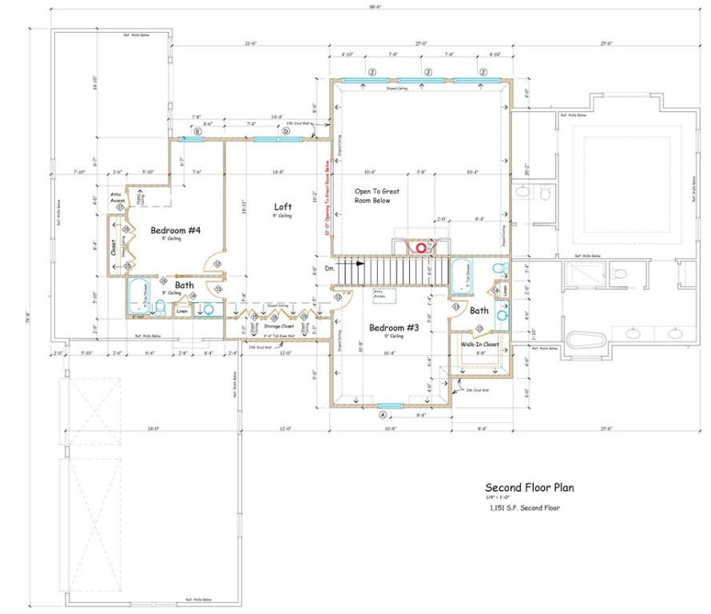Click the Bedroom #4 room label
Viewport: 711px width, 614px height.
175,231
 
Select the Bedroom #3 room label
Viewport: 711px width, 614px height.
392,328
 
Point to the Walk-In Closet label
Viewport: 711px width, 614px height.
479,344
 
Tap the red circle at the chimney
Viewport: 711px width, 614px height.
417,248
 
